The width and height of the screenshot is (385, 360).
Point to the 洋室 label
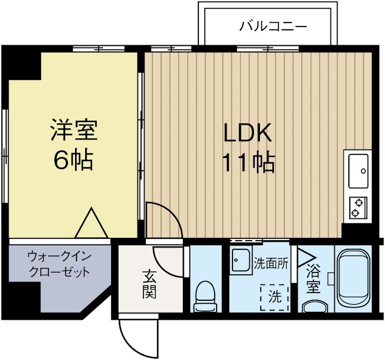point(74,130)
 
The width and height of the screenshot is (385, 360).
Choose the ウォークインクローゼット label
point(59,263)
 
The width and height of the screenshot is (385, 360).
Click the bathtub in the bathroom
point(354,278)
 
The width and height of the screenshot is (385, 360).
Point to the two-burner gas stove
point(357,208)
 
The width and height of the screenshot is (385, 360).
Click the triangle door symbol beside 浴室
point(303,258)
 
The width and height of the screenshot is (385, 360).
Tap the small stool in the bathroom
point(315,307)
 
